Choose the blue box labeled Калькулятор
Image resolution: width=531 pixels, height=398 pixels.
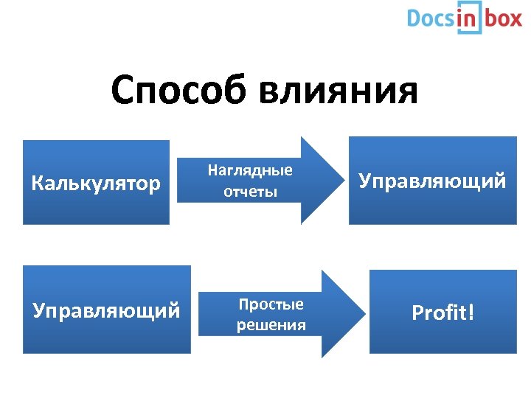click(96, 182)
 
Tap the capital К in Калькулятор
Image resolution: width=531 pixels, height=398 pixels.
click(38, 182)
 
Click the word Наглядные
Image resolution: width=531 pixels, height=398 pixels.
click(250, 170)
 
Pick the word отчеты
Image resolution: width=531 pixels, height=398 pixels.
click(251, 192)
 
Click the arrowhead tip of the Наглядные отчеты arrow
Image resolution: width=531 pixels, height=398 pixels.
click(333, 181)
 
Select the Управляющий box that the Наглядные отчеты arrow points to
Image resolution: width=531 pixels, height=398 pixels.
click(432, 181)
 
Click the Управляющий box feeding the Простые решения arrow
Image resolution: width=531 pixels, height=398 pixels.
click(106, 310)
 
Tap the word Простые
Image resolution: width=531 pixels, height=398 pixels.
click(271, 304)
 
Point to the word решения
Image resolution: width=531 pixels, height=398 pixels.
click(271, 325)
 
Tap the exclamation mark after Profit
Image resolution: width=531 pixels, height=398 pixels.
click(471, 313)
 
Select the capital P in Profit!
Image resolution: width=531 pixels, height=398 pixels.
click(418, 313)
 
